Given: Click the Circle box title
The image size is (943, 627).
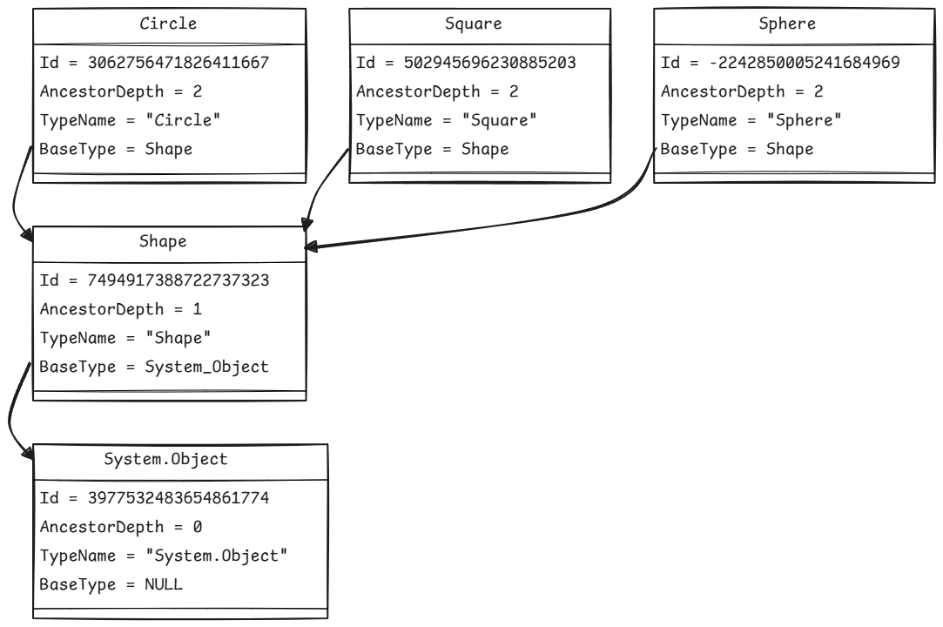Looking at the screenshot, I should (168, 24).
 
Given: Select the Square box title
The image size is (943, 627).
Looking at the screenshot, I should (473, 24).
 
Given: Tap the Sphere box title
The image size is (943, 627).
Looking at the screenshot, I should (786, 24).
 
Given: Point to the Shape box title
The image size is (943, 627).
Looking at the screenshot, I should (163, 242).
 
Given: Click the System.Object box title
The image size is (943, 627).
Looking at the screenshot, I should (165, 460).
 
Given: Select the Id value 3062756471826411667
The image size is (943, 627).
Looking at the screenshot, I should (178, 63).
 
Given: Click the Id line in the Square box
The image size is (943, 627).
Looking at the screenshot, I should (465, 63).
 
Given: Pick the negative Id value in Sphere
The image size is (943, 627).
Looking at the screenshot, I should (791, 63).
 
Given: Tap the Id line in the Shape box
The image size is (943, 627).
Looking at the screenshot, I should (154, 280).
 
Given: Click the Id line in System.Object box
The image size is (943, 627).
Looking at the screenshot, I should (154, 498).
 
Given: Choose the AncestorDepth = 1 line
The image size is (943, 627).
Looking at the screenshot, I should (120, 309).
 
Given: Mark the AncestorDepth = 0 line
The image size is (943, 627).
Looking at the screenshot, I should (120, 527).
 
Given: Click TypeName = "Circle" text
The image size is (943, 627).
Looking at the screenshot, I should (130, 120).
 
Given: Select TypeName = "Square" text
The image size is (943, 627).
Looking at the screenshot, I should (446, 120).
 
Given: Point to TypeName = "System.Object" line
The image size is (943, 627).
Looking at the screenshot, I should (163, 556).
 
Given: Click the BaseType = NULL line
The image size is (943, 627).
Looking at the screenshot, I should (111, 584).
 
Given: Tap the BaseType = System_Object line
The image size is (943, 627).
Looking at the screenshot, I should (154, 367).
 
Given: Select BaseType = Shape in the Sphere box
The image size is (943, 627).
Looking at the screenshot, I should (737, 149).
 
